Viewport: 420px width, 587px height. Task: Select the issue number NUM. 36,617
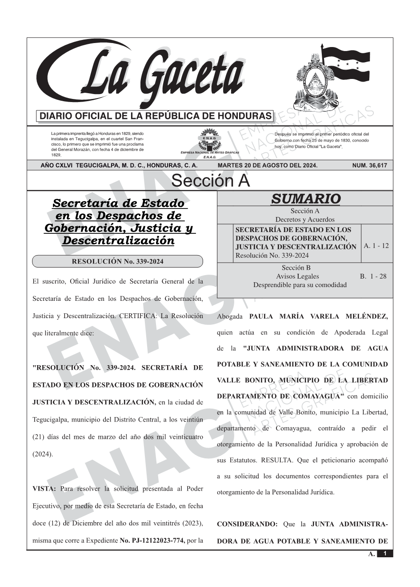point(369,165)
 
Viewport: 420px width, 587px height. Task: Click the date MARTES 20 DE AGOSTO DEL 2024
point(268,165)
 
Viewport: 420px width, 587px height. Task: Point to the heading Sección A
point(210,181)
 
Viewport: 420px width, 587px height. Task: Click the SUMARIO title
point(305,199)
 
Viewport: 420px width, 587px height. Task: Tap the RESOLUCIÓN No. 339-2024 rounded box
point(117,261)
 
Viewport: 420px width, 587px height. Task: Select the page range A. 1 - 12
point(376,245)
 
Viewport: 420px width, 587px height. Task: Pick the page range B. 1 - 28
point(373,276)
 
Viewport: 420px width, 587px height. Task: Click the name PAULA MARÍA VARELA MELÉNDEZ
point(318,316)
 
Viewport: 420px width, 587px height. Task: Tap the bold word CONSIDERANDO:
point(247,524)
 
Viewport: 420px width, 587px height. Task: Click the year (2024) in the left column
point(42,454)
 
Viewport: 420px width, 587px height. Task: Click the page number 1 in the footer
point(385,553)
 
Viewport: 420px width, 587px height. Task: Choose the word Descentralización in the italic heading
point(118,240)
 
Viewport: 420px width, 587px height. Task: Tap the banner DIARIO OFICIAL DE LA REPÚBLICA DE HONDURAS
point(156,116)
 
